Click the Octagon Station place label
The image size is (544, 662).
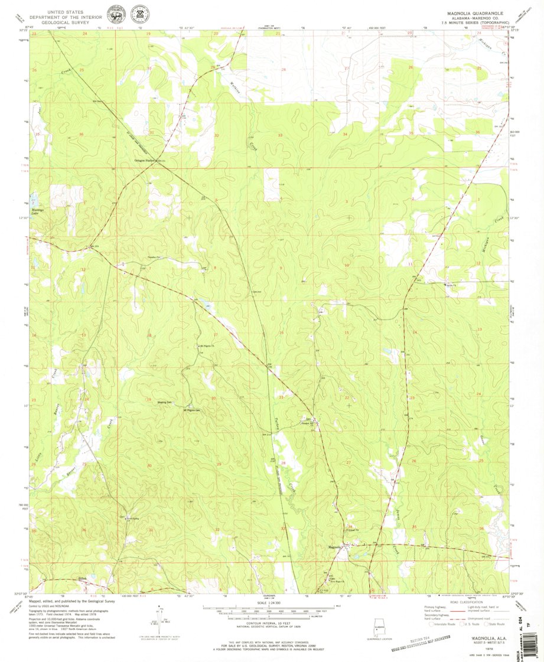144,160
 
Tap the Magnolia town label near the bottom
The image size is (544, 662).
334,547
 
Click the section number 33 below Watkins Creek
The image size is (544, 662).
280,136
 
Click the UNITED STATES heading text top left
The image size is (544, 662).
65,11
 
